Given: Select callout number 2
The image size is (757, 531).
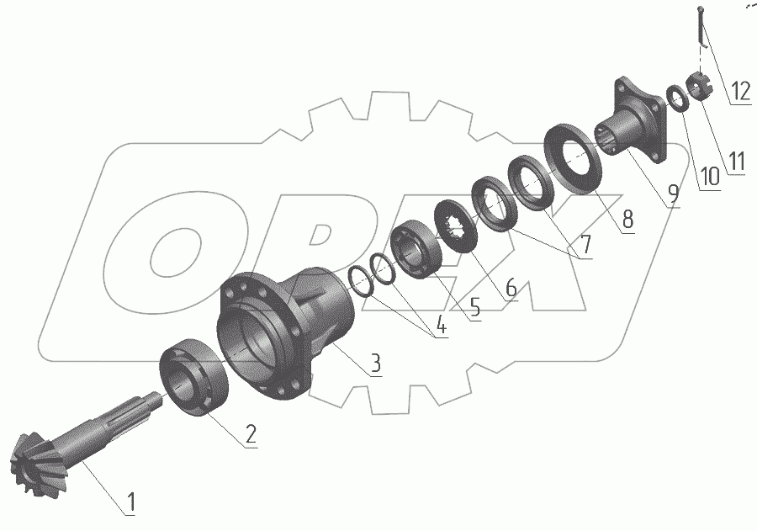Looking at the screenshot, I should tap(250, 434).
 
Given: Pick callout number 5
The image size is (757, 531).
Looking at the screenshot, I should tap(474, 307).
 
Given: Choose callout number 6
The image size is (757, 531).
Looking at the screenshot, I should tap(511, 287).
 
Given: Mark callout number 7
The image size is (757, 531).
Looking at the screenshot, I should tap(583, 244).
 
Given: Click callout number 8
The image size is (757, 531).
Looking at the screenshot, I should tap(627, 220).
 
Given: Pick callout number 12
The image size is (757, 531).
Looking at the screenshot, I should tap(740, 90).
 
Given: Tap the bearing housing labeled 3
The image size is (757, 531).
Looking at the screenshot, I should tap(286, 328).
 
